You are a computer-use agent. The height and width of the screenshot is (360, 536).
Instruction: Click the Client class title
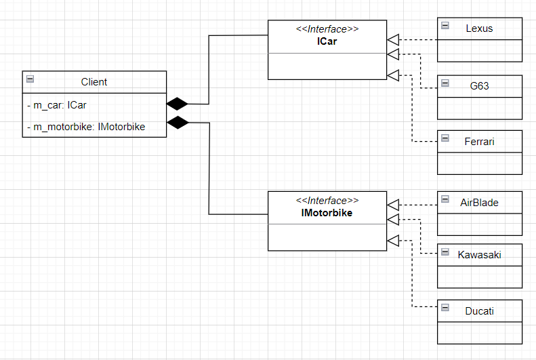(x=94, y=82)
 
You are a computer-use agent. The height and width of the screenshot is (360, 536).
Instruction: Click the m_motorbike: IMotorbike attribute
(x=85, y=126)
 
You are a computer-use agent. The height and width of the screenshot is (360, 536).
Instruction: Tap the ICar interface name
(x=327, y=41)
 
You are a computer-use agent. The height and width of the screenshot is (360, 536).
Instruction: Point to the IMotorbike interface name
(x=327, y=213)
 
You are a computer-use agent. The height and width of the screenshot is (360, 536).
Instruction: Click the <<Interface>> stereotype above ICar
(x=327, y=29)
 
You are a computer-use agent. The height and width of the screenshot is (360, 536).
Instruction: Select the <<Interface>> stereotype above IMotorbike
(x=327, y=201)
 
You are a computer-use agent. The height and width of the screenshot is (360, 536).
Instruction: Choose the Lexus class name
(x=479, y=28)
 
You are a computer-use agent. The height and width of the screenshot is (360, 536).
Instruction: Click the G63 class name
(x=479, y=86)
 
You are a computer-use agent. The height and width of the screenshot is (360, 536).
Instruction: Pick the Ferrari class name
(x=479, y=141)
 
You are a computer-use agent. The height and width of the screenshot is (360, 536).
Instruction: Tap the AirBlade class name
(x=479, y=202)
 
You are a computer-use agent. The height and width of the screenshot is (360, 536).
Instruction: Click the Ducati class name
(x=479, y=311)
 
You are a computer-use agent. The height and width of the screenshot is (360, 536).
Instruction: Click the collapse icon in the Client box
(x=30, y=79)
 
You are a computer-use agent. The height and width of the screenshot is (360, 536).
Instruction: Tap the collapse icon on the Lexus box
(x=445, y=26)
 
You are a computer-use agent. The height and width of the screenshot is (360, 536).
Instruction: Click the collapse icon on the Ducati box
(x=445, y=308)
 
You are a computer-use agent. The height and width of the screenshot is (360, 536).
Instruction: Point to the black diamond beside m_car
(x=177, y=104)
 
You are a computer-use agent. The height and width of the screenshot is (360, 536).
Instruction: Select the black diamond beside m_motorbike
(x=177, y=123)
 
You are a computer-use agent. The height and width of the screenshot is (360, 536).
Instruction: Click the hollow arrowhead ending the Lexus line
(x=393, y=39)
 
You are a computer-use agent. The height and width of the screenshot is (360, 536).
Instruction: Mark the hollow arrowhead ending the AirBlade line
(x=393, y=205)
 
